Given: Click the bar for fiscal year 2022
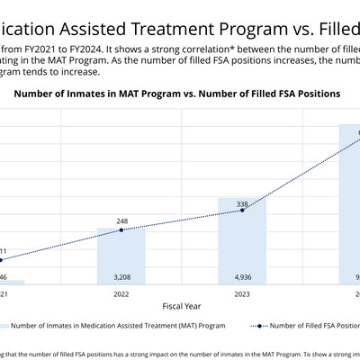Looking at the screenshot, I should pos(121,256).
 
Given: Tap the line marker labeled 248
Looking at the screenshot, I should pos(121,230).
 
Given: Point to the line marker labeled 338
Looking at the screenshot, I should pos(241,212).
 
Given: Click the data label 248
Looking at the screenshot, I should pos(121,220).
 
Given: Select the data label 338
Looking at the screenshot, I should pos(241,204).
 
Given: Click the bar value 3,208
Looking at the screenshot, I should pos(121,277).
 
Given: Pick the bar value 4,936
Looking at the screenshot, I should pos(241,277).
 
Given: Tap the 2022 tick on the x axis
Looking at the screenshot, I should pos(121,293).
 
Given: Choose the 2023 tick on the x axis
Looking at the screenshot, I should pos(241,293).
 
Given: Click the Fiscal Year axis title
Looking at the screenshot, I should pos(182,305).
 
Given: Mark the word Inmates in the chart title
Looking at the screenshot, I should pos(112,94).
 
